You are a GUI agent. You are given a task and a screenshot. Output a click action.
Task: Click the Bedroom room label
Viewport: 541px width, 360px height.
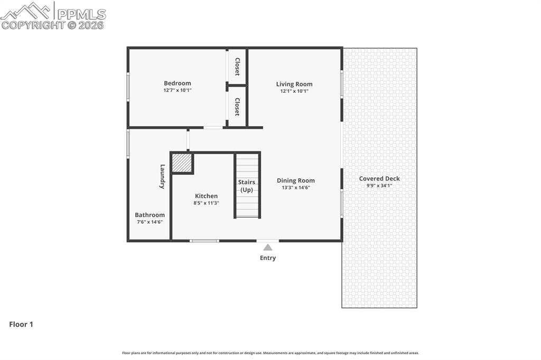177,83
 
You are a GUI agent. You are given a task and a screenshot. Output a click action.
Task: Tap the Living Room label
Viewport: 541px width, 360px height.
294,84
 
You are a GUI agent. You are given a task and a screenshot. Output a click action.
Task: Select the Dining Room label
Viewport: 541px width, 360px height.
295,181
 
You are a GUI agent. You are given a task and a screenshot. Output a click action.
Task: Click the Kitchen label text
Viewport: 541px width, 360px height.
206,196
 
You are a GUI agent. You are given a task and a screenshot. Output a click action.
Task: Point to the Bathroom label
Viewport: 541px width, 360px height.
150,215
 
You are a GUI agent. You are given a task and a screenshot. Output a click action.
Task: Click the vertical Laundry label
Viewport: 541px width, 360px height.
163,176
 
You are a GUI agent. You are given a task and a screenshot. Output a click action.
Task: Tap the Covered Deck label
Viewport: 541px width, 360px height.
379,178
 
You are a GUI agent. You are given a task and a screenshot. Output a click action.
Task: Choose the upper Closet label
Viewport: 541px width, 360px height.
237,67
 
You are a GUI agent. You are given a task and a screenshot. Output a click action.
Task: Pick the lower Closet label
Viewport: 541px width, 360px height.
237,107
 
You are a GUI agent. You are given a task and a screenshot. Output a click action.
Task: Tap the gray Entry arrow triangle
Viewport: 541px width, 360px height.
268,247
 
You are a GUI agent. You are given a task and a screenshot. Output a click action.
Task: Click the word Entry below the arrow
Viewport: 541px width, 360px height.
268,258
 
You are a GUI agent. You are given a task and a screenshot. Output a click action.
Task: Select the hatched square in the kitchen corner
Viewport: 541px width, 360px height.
182,163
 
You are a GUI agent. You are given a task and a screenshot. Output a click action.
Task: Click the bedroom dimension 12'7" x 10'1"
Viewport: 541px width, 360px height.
177,90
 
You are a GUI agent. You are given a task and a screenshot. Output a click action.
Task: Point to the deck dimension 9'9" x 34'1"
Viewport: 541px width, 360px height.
379,185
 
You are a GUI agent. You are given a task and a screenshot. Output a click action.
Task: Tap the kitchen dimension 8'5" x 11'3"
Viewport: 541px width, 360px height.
206,203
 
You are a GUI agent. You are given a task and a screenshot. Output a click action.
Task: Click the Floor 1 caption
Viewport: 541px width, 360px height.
21,325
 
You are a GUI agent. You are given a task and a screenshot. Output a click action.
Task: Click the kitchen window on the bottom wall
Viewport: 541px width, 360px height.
204,241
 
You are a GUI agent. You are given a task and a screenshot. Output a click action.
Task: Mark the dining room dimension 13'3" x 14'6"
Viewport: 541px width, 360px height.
295,187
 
